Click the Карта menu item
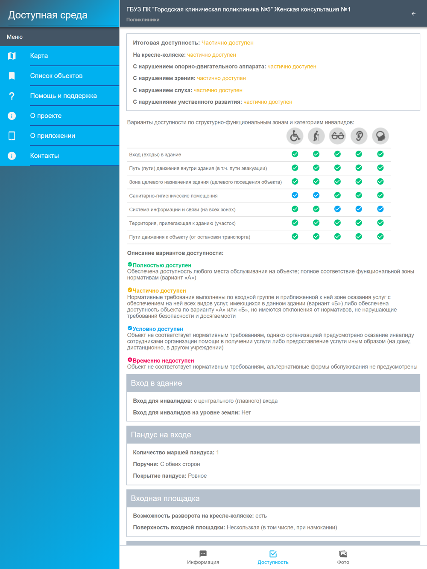point(39,56)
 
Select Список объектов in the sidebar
point(56,76)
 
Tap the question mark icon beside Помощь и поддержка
point(12,96)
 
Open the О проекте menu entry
point(46,116)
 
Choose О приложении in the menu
point(53,136)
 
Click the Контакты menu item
point(44,156)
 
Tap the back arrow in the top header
point(413,14)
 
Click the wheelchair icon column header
point(295,136)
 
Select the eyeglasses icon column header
point(337,136)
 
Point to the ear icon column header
point(359,136)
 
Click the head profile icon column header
point(380,136)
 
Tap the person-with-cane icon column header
point(316,136)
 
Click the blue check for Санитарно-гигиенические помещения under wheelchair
point(295,195)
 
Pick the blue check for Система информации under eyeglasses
point(337,209)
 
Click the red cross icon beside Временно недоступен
point(130,360)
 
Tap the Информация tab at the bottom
point(203,557)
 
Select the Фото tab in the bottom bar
point(343,557)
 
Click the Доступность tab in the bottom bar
point(273,557)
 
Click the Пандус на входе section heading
point(161,435)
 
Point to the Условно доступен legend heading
point(158,329)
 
